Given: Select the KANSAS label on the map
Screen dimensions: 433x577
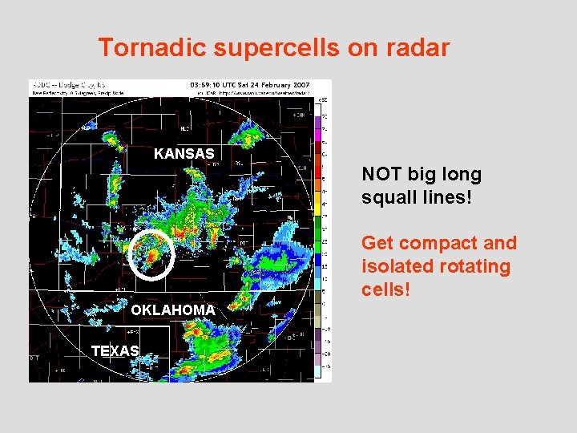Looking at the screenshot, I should click(184, 153).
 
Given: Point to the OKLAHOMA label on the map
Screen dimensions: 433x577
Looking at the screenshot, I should click(173, 310).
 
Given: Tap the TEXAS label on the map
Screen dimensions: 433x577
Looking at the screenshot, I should click(115, 350).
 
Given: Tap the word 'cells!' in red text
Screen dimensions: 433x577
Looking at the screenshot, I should click(386, 289).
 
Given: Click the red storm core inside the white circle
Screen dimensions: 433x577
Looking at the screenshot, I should click(151, 253).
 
